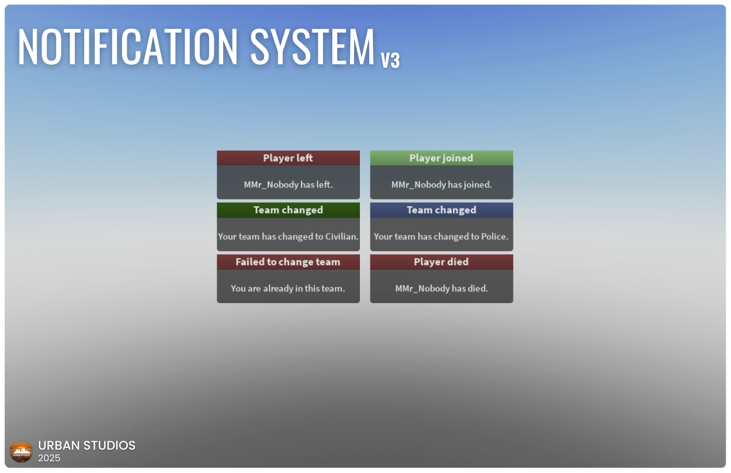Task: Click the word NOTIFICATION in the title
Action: coord(128,47)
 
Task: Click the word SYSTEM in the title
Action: coord(313,47)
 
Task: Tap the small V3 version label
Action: coord(390,60)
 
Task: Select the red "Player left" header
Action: coord(288,158)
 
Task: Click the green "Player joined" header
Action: coord(441,158)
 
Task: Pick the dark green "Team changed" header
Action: coord(288,210)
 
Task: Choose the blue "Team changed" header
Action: coord(441,210)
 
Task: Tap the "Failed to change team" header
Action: coord(288,262)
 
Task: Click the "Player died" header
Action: coord(441,262)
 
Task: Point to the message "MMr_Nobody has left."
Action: coord(288,185)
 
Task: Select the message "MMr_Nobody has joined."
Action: coord(441,185)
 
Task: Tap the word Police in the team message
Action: coord(494,236)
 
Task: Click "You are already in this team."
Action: coord(288,288)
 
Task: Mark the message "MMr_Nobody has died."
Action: coord(441,288)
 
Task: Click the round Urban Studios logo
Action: coord(22,451)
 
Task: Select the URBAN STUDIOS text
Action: coord(86,446)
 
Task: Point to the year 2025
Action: coord(49,458)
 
